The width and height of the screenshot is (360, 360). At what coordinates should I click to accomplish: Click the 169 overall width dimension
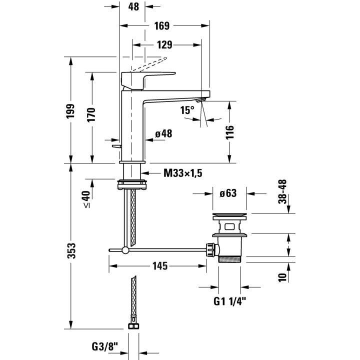pyautogui.click(x=162, y=25)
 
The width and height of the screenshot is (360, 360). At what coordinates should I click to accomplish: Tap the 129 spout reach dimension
pyautogui.click(x=164, y=45)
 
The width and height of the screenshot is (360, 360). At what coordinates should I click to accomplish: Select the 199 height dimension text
pyautogui.click(x=70, y=111)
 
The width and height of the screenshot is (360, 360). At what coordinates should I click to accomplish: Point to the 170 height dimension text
pyautogui.click(x=91, y=115)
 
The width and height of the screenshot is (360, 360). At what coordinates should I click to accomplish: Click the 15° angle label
pyautogui.click(x=187, y=110)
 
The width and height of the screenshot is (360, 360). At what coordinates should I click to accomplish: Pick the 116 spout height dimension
pyautogui.click(x=229, y=132)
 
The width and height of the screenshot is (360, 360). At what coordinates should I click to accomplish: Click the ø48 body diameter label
pyautogui.click(x=163, y=133)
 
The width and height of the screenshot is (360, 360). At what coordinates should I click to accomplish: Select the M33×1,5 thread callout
pyautogui.click(x=183, y=173)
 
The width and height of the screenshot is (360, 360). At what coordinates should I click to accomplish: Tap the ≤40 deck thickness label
pyautogui.click(x=86, y=199)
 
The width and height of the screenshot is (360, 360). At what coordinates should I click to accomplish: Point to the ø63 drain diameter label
pyautogui.click(x=228, y=193)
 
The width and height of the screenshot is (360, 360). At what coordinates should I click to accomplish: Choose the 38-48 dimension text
pyautogui.click(x=282, y=191)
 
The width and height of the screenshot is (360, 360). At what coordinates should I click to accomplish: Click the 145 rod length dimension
pyautogui.click(x=160, y=266)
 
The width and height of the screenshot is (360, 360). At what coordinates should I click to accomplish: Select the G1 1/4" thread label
pyautogui.click(x=229, y=301)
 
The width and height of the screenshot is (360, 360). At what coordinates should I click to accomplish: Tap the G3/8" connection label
pyautogui.click(x=104, y=346)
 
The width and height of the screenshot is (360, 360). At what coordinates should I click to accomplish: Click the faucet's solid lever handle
pyautogui.click(x=148, y=80)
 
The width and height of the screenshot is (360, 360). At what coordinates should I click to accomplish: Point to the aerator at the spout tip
pyautogui.click(x=201, y=100)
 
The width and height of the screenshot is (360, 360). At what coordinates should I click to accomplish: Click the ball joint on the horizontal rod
pyautogui.click(x=125, y=250)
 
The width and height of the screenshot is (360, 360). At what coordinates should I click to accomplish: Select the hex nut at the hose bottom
pyautogui.click(x=133, y=326)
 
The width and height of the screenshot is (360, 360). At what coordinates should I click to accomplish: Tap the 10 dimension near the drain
pyautogui.click(x=282, y=277)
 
